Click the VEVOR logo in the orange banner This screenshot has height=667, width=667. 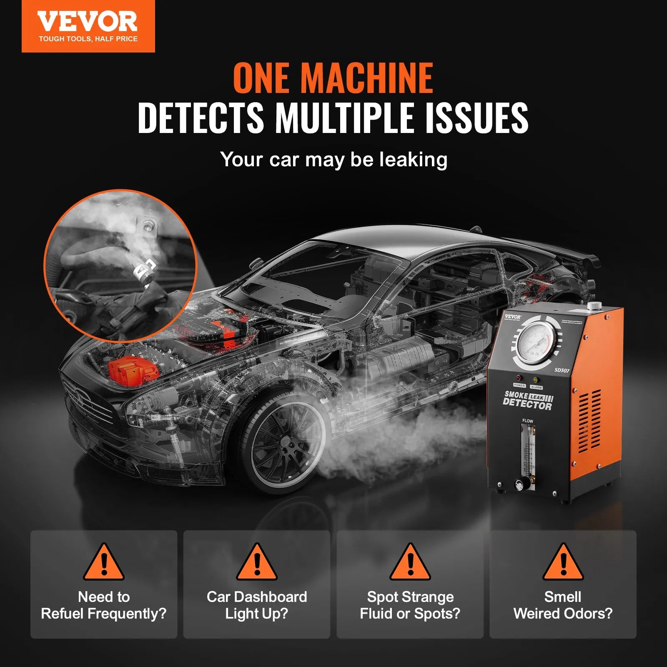point(88,23)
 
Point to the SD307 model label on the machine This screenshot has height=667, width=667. point(562,370)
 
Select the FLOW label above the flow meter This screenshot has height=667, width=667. point(528,421)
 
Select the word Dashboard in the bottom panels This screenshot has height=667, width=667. point(271,597)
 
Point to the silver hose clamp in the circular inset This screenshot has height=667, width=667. point(143,270)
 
